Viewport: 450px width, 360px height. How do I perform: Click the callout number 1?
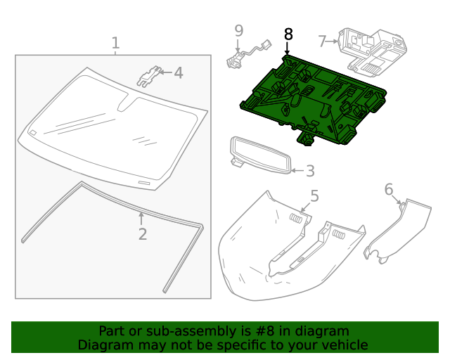[x=115, y=43]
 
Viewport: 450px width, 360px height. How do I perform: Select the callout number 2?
[x=142, y=233]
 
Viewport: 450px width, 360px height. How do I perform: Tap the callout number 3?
[x=309, y=171]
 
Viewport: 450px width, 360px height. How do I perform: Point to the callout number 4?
[x=178, y=72]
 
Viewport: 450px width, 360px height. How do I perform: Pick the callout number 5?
[x=314, y=196]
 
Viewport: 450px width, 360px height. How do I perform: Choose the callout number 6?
[x=389, y=189]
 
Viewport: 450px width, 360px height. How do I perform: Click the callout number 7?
[x=322, y=41]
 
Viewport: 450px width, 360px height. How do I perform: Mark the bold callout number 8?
[x=288, y=34]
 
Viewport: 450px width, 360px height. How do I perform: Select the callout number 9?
[x=238, y=30]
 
